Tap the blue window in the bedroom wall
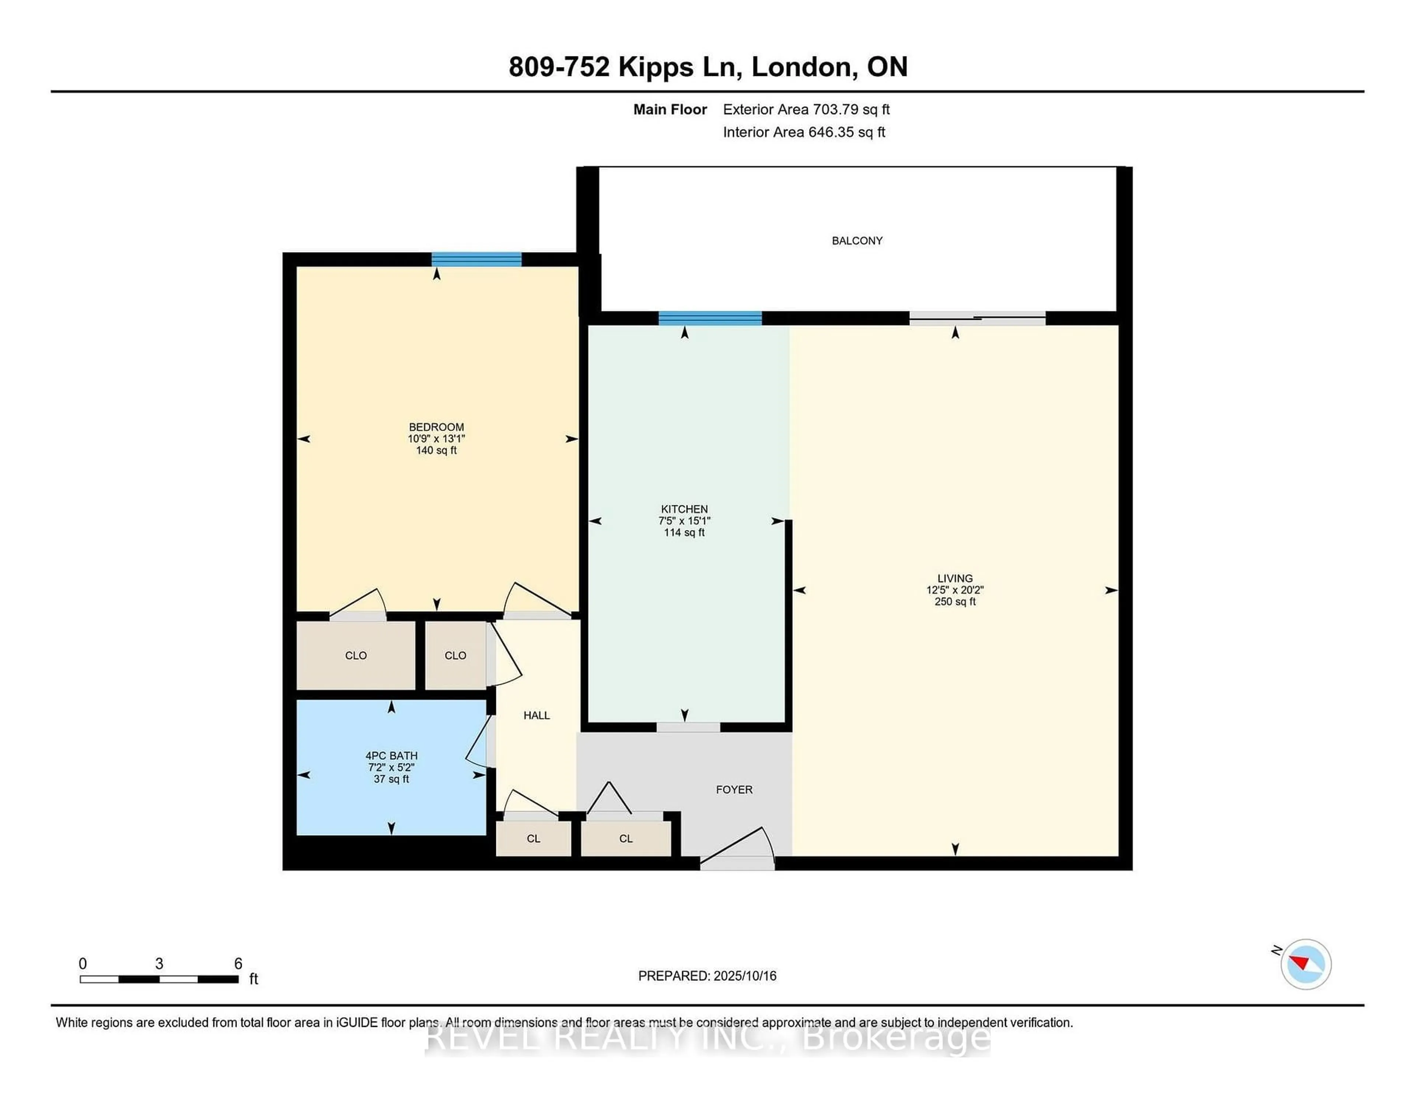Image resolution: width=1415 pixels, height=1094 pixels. tap(476, 259)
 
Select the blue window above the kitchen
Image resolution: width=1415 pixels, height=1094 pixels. tap(710, 318)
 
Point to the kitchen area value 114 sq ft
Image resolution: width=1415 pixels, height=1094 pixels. tap(684, 532)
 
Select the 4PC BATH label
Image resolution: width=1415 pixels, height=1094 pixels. tap(391, 756)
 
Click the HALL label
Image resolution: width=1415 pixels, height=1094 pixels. tap(537, 715)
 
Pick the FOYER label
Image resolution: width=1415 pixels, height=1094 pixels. tap(734, 790)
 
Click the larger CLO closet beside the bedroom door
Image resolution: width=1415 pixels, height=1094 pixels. tap(356, 655)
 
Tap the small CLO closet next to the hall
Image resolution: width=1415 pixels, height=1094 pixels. tap(455, 655)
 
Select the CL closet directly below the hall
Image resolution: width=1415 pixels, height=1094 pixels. tap(533, 839)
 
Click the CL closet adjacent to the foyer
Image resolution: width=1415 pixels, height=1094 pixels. tap(625, 839)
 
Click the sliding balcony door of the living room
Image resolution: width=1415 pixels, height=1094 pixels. tap(977, 318)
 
